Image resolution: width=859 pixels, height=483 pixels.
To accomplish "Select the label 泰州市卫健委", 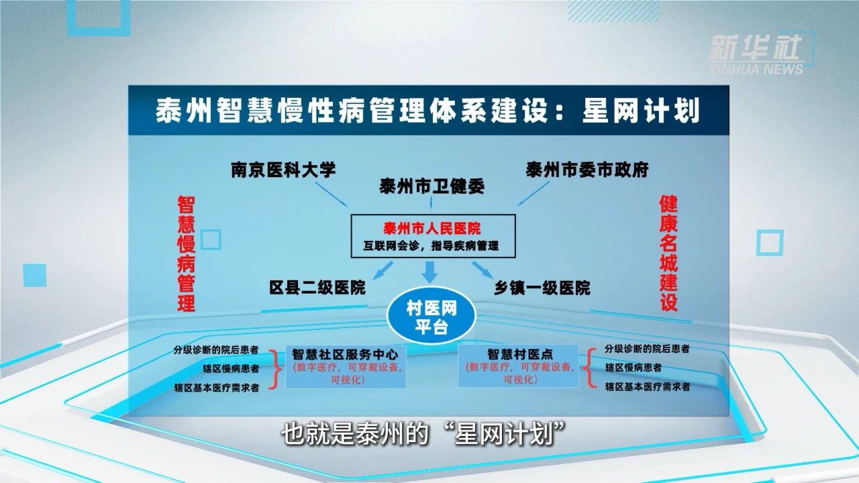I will [x=432, y=186].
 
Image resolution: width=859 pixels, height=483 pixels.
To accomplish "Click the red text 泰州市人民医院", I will [x=432, y=227].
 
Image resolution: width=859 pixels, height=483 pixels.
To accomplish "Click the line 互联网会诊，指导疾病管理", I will [x=432, y=246].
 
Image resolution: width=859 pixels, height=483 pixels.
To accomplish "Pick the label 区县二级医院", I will [x=317, y=288].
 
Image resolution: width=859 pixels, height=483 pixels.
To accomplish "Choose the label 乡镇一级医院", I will [x=542, y=288].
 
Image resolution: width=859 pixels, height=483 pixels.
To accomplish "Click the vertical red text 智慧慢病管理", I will [x=186, y=254].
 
